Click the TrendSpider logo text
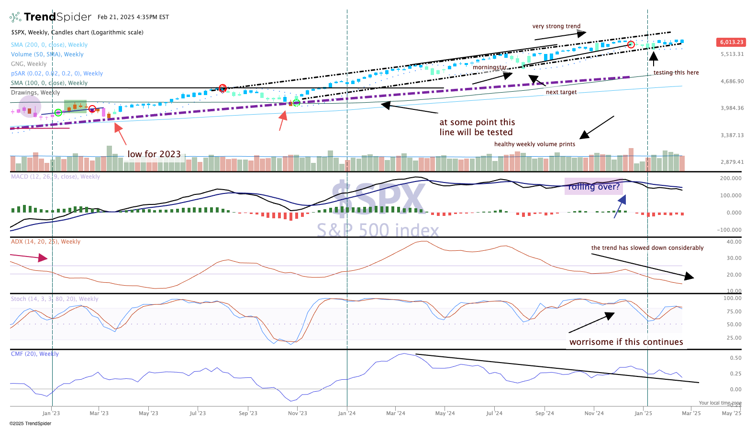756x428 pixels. pos(57,17)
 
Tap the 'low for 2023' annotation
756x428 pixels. pos(154,154)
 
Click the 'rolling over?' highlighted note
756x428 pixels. pos(594,187)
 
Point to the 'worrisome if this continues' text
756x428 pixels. pos(626,342)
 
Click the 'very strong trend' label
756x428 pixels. pos(556,26)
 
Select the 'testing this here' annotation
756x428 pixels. pos(676,73)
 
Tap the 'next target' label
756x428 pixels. pos(561,92)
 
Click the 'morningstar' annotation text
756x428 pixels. pos(489,67)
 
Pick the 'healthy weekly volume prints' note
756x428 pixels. pos(534,144)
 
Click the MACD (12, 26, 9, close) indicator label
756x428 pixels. pos(56,177)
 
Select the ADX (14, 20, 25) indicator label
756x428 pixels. pos(46,242)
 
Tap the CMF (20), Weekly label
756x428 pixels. pos(35,354)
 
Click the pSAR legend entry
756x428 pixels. pos(57,74)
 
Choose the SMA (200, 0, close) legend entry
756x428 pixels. pos(49,45)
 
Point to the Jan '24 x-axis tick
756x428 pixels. pos(347,413)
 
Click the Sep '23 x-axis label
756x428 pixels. pos(248,413)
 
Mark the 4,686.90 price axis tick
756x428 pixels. pos(732,82)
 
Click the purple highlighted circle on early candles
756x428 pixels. pos(30,107)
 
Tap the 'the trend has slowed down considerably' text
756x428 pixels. pos(647,248)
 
